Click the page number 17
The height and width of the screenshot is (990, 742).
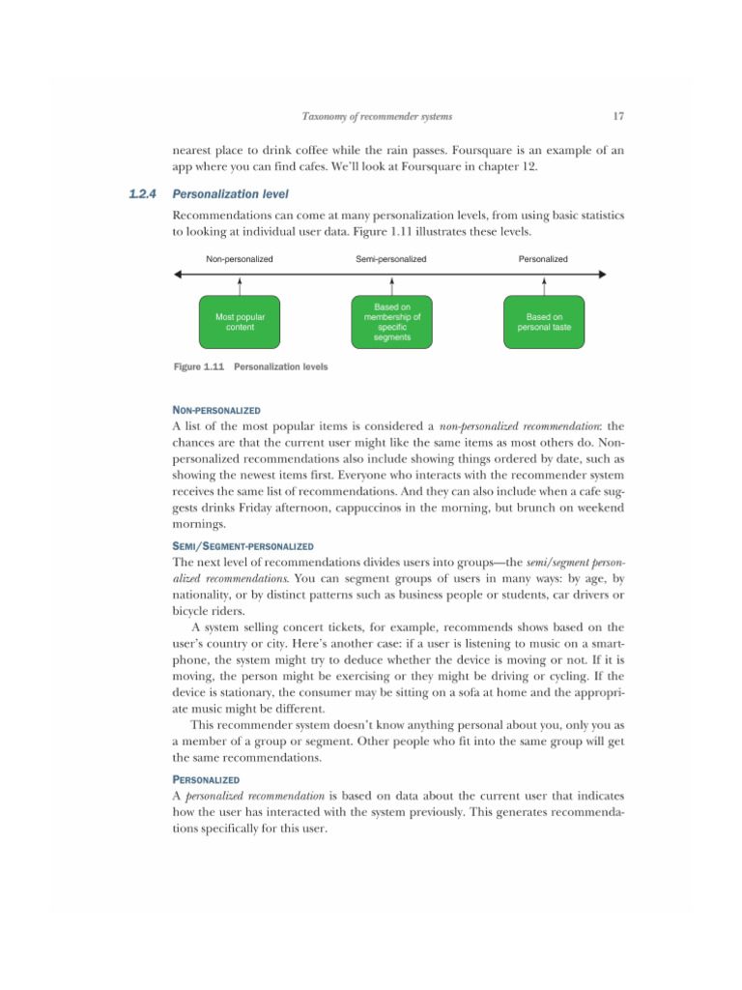(618, 118)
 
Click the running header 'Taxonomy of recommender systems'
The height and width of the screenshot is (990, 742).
(377, 118)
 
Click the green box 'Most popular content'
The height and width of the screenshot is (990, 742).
(239, 322)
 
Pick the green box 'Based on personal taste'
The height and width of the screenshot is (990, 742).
(544, 322)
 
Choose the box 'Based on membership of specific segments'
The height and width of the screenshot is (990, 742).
(391, 322)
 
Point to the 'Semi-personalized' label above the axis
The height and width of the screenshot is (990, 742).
(390, 259)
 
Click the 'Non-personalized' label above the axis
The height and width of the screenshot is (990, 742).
(239, 259)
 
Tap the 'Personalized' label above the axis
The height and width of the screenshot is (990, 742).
(543, 259)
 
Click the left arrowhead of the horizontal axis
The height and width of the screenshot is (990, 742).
(178, 276)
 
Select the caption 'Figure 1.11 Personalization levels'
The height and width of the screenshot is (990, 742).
(250, 367)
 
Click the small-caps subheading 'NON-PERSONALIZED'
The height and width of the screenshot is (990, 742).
(215, 411)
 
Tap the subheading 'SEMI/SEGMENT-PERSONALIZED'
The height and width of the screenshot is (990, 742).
(243, 546)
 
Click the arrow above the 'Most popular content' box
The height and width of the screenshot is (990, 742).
(239, 286)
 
